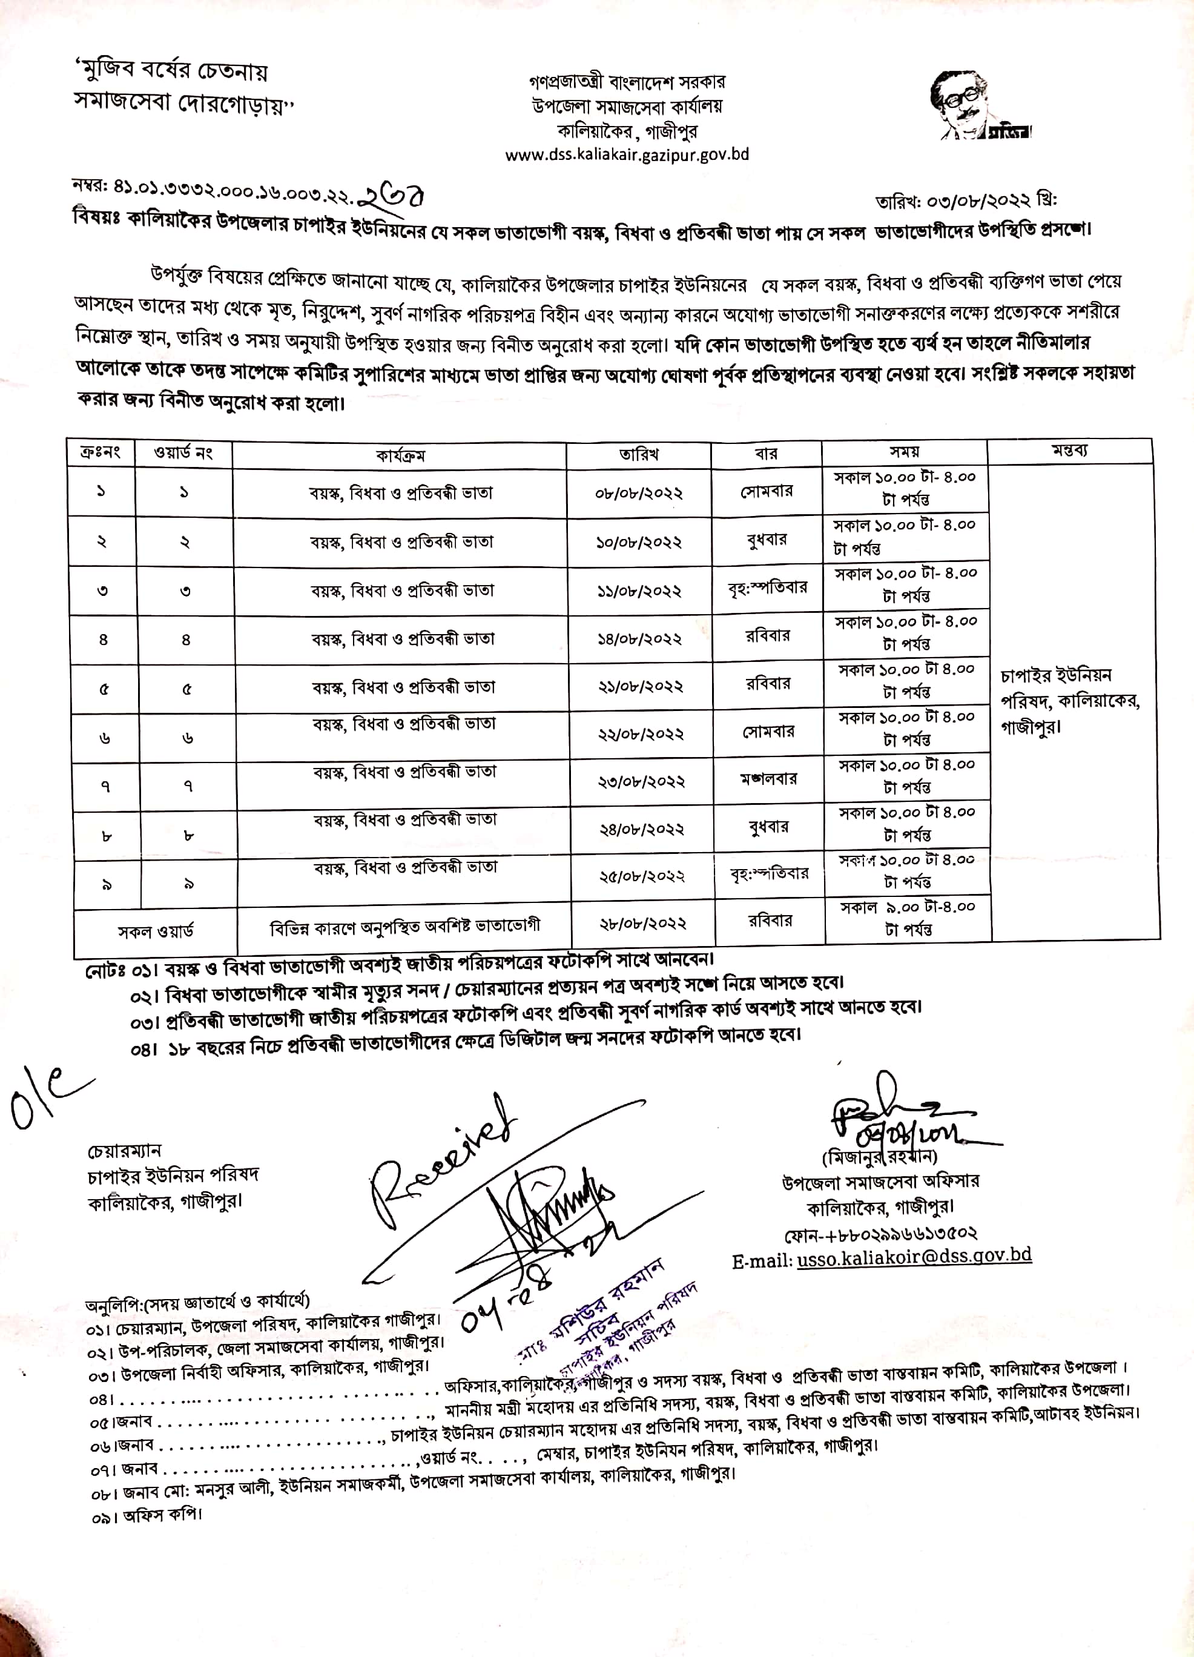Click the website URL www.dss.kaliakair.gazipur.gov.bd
click(627, 155)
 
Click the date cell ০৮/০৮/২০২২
click(639, 492)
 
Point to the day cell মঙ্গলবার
click(768, 779)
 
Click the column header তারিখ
click(639, 454)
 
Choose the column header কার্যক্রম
click(400, 455)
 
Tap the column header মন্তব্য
click(1069, 451)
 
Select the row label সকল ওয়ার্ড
click(156, 931)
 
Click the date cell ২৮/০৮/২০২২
click(642, 924)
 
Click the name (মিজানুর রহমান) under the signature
click(879, 1157)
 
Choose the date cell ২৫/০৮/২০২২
click(642, 876)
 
